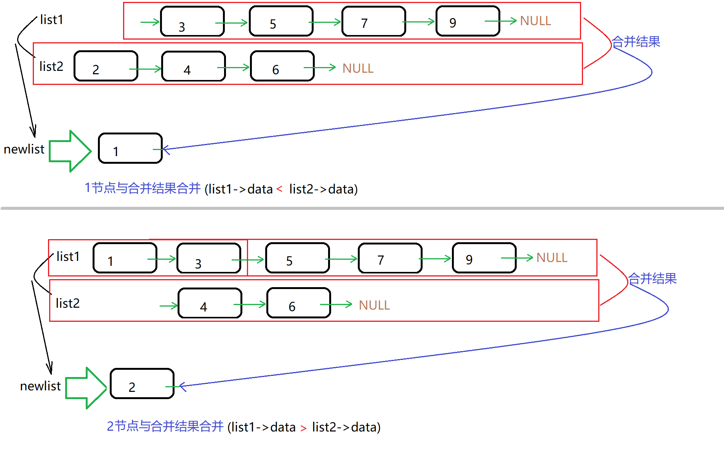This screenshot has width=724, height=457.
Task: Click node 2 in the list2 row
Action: (106, 66)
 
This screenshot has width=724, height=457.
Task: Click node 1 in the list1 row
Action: (125, 258)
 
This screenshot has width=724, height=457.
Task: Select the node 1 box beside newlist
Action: (130, 148)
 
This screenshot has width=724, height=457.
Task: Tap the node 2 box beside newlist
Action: (142, 383)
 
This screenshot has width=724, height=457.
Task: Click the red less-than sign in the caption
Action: (279, 189)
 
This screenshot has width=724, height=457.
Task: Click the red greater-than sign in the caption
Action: (303, 428)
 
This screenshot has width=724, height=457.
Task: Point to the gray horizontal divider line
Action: (362, 208)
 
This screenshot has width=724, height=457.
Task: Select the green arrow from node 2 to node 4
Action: (146, 69)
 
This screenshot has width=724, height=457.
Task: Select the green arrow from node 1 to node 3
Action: (162, 259)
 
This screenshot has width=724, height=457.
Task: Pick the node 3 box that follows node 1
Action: (208, 258)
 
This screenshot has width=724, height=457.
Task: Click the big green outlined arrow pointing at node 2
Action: (86, 388)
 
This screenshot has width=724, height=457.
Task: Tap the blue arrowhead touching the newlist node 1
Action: (165, 149)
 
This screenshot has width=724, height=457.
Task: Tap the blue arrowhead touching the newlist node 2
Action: (182, 387)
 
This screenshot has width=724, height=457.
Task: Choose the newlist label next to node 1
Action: (24, 149)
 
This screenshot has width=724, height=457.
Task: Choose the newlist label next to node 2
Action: (40, 386)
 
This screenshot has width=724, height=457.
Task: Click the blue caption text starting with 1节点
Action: (143, 188)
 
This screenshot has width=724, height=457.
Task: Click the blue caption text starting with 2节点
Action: (165, 426)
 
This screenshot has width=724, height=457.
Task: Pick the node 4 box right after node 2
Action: (193, 66)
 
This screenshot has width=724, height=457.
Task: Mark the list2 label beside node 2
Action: (51, 67)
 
